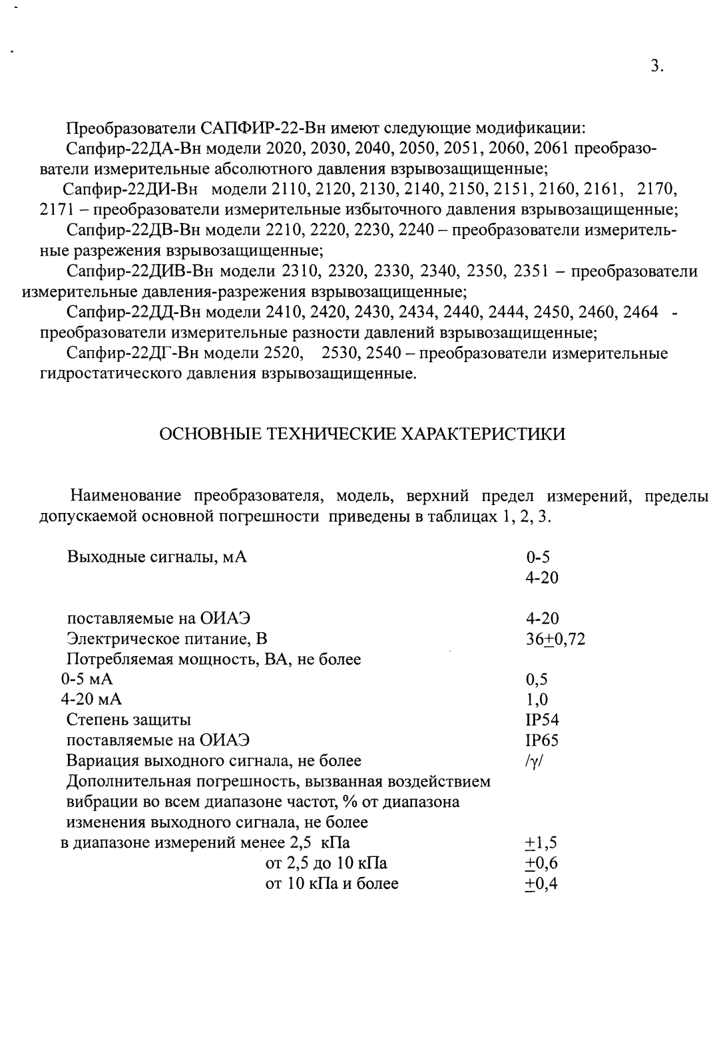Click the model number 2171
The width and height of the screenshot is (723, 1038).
(55, 210)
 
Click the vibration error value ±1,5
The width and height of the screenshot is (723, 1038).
(541, 844)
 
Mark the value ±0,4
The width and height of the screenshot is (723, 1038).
(541, 884)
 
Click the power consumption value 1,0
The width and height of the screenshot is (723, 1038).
(537, 700)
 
